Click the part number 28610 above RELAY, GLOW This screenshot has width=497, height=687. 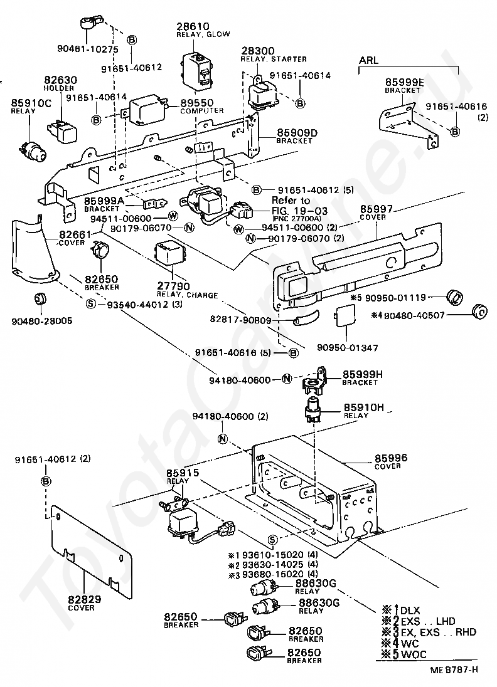[x=193, y=26]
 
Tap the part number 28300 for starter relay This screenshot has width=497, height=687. [x=257, y=51]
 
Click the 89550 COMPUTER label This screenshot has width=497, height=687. [x=202, y=107]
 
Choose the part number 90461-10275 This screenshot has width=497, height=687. [x=88, y=49]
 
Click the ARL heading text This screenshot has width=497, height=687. [x=368, y=60]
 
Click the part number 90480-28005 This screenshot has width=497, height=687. [x=41, y=321]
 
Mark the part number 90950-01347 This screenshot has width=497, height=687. [x=348, y=348]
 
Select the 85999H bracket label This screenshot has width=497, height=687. [x=362, y=377]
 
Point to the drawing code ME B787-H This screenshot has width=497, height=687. [x=454, y=669]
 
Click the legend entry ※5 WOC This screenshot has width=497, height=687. [x=403, y=654]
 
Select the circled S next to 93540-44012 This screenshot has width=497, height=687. [x=91, y=304]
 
